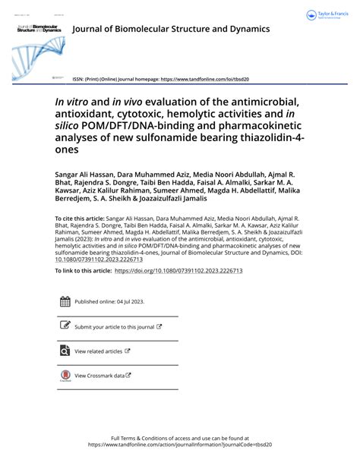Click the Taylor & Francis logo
[327, 16]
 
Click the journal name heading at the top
[170, 29]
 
